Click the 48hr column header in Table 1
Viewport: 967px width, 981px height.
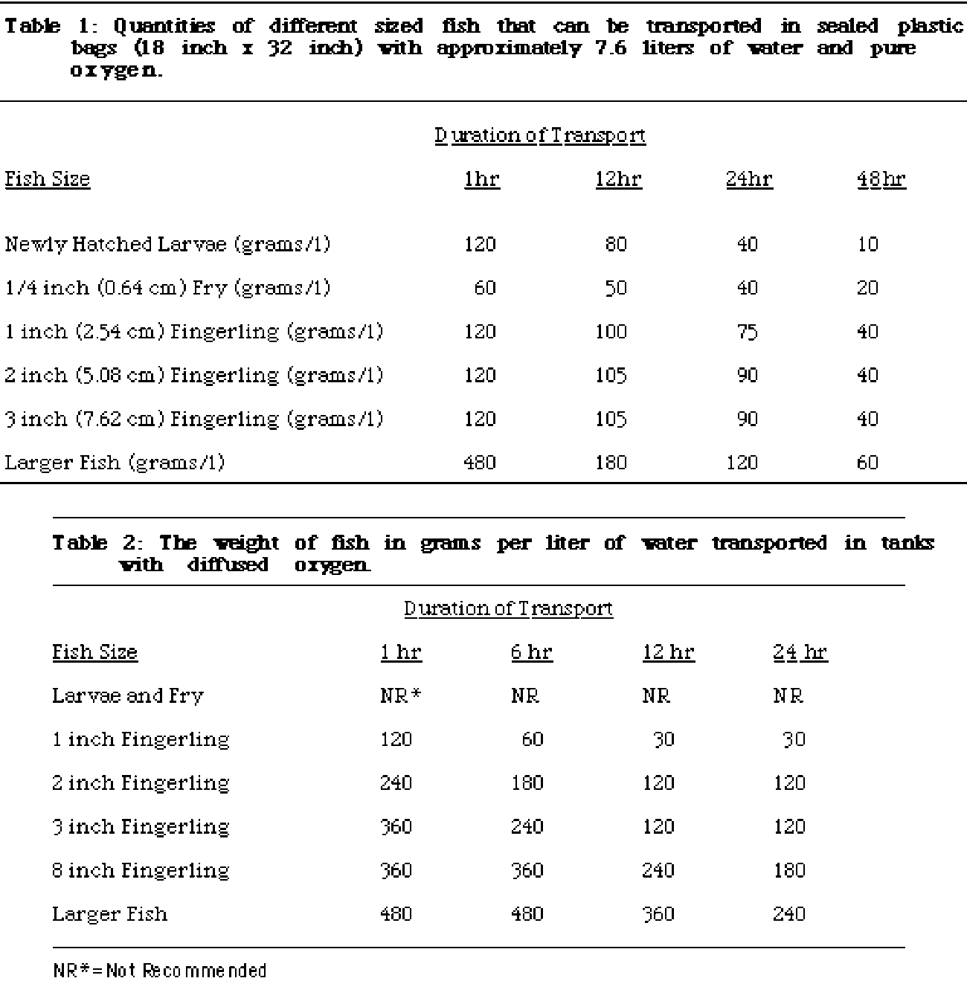tap(881, 179)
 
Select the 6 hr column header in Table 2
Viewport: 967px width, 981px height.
tap(531, 652)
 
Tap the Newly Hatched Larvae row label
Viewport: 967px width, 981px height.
tap(167, 245)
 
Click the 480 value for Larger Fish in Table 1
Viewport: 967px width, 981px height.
tap(479, 463)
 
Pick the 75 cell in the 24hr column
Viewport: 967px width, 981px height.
tap(747, 332)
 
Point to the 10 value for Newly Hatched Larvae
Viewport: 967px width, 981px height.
tap(867, 245)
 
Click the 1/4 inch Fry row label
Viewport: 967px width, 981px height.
tap(167, 288)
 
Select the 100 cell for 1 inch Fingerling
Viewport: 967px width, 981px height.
tap(611, 332)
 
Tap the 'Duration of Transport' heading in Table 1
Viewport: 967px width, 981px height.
tap(540, 135)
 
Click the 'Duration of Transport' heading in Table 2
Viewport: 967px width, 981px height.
tap(508, 608)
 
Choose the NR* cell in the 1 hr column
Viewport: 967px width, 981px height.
tap(401, 696)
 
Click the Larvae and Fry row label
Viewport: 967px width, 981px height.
tap(127, 696)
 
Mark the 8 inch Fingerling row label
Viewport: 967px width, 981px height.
tap(141, 870)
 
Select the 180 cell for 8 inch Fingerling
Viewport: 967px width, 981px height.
tap(788, 870)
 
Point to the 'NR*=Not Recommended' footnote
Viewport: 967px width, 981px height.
tap(159, 970)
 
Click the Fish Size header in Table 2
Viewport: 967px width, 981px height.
tap(94, 652)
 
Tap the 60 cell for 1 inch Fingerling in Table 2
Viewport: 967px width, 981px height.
tap(532, 739)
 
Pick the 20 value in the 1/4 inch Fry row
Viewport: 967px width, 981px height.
tap(867, 288)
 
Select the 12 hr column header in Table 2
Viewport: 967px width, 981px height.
tap(668, 652)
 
